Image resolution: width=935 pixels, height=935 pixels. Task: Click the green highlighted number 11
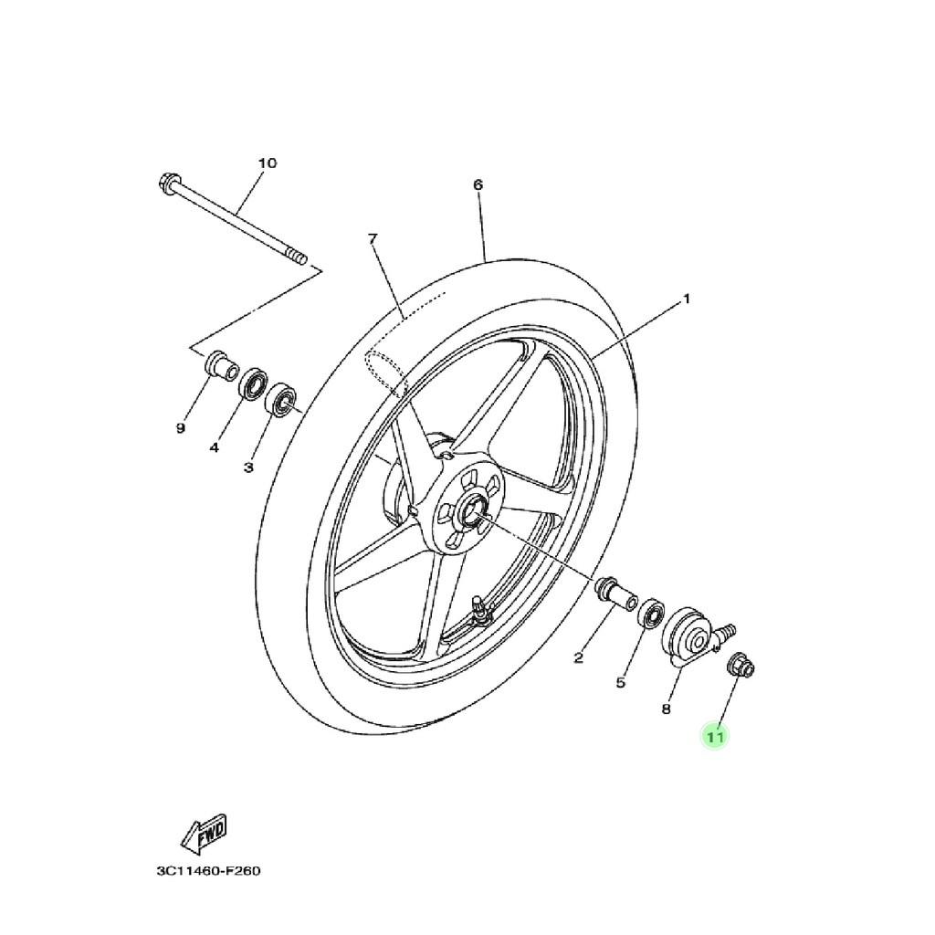(x=714, y=735)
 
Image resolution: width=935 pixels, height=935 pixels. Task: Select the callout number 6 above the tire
(x=478, y=184)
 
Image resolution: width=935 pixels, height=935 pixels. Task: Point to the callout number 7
(x=373, y=239)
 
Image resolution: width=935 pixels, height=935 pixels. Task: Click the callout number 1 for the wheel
(x=687, y=299)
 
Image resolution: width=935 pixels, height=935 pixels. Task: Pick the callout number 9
(x=181, y=427)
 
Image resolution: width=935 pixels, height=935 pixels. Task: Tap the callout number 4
(x=215, y=447)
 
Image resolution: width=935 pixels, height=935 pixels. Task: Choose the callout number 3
(x=247, y=467)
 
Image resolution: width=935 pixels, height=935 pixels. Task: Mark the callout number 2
(x=578, y=657)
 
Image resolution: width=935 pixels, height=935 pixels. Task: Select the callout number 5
(x=621, y=681)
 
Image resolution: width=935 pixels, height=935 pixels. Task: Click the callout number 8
(x=667, y=708)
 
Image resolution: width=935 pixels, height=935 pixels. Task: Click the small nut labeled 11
(x=740, y=666)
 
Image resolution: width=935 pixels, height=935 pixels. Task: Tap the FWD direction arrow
(x=205, y=832)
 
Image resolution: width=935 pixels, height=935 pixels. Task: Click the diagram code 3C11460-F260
(x=208, y=871)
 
